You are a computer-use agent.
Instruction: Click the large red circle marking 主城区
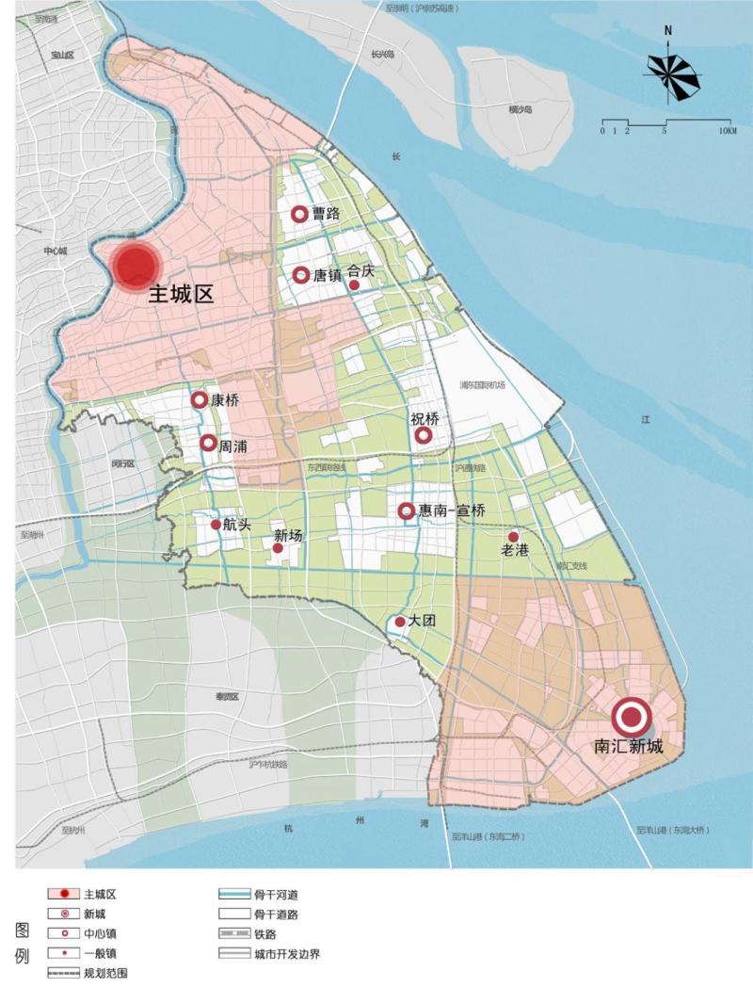[x=134, y=265]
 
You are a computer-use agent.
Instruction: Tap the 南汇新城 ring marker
[x=631, y=718]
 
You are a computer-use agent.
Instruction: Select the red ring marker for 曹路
[x=299, y=215]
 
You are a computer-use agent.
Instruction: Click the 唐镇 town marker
[x=301, y=275]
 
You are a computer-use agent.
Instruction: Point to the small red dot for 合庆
[x=354, y=284]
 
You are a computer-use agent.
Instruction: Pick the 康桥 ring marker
[x=200, y=400]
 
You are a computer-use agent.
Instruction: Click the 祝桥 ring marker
[x=424, y=435]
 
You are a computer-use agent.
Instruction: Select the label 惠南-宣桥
[x=453, y=511]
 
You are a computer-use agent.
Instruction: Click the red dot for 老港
[x=513, y=536]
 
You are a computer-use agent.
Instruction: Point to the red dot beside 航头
[x=216, y=525]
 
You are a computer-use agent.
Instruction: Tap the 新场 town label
[x=288, y=536]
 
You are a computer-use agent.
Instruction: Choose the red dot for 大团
[x=400, y=622]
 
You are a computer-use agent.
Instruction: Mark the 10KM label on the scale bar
[x=727, y=131]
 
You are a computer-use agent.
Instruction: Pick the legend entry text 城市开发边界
[x=287, y=953]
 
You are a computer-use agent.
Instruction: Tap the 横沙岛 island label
[x=521, y=109]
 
